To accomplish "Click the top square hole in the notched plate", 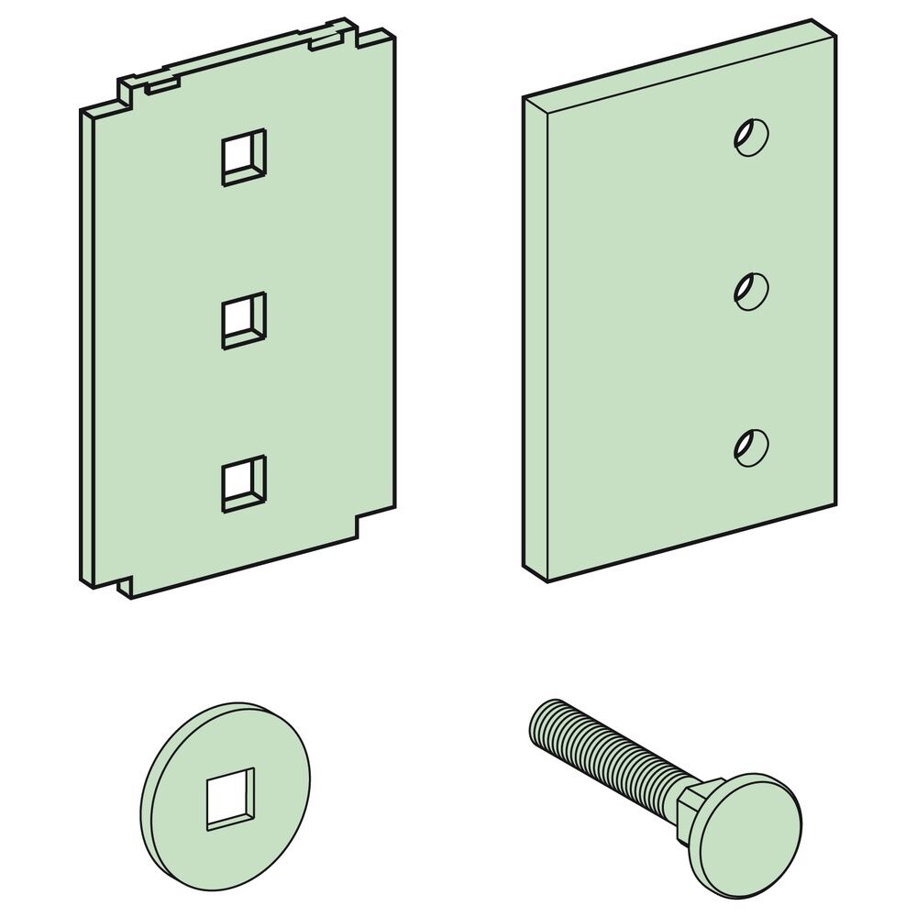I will [x=243, y=157].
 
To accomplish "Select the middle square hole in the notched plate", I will [x=243, y=320].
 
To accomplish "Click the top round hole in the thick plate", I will [x=751, y=137].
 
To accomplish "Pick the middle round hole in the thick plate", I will [x=751, y=291].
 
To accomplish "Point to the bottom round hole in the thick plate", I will [x=751, y=447].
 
